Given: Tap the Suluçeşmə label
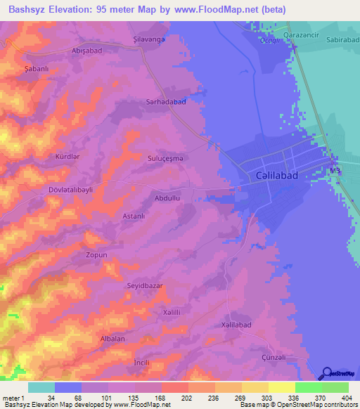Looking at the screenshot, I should click(x=166, y=159).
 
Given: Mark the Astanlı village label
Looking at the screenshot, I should click(x=134, y=216).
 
